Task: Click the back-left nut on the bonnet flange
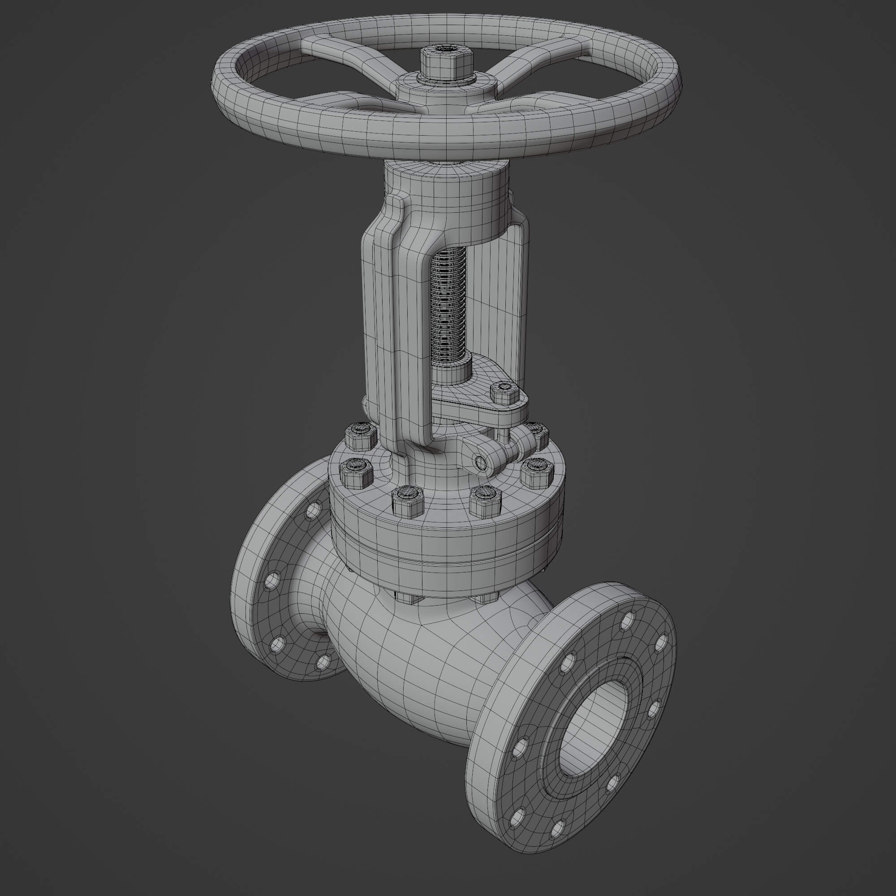click(360, 436)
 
